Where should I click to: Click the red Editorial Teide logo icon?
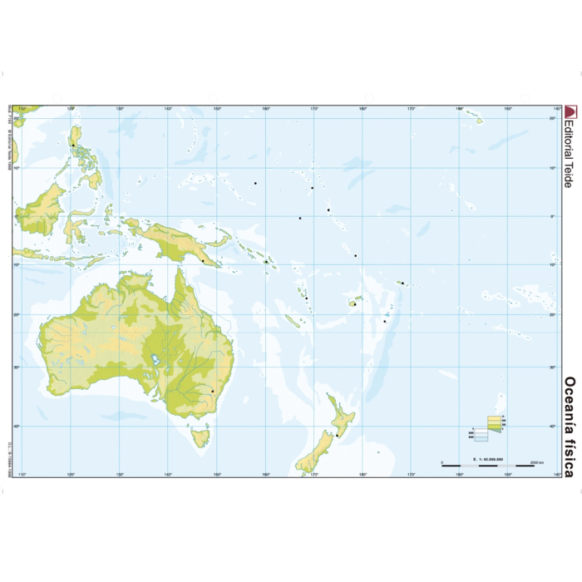point(570,113)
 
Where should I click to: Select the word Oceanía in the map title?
point(570,400)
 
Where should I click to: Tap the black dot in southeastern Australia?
point(213,391)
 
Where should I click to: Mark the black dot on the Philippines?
point(73,145)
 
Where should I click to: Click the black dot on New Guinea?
point(202,261)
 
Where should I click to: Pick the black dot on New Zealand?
point(338,434)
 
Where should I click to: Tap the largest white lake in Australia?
point(155,362)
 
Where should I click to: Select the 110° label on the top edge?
point(23,109)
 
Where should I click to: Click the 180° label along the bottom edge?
point(363,475)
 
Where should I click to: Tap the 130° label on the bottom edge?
point(120,475)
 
